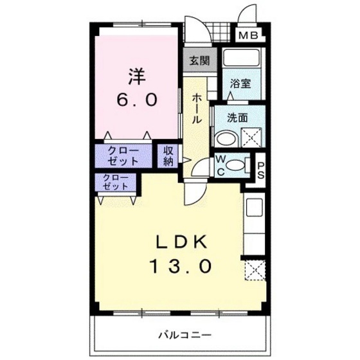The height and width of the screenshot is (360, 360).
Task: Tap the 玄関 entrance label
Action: pos(199,62)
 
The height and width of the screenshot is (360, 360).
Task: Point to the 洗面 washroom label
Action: pos(239,118)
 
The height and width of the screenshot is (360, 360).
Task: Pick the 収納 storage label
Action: pos(168,156)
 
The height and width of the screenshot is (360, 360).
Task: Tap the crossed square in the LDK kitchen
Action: pos(255,270)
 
